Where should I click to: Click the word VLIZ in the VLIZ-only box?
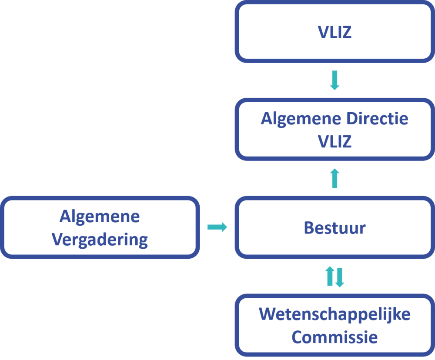334,33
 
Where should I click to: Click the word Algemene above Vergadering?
100,216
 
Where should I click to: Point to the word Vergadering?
100,239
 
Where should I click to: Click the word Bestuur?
334,227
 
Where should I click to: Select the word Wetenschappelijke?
334,314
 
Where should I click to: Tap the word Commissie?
334,337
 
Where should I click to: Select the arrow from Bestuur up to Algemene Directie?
334,178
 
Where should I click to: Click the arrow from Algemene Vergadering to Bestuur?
217,227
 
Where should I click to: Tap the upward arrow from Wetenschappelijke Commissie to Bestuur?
330,277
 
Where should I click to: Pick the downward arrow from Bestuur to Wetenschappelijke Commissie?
339,277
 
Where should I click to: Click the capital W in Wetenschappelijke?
267,314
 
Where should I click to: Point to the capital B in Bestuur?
308,227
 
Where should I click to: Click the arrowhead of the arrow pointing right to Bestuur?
224,227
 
